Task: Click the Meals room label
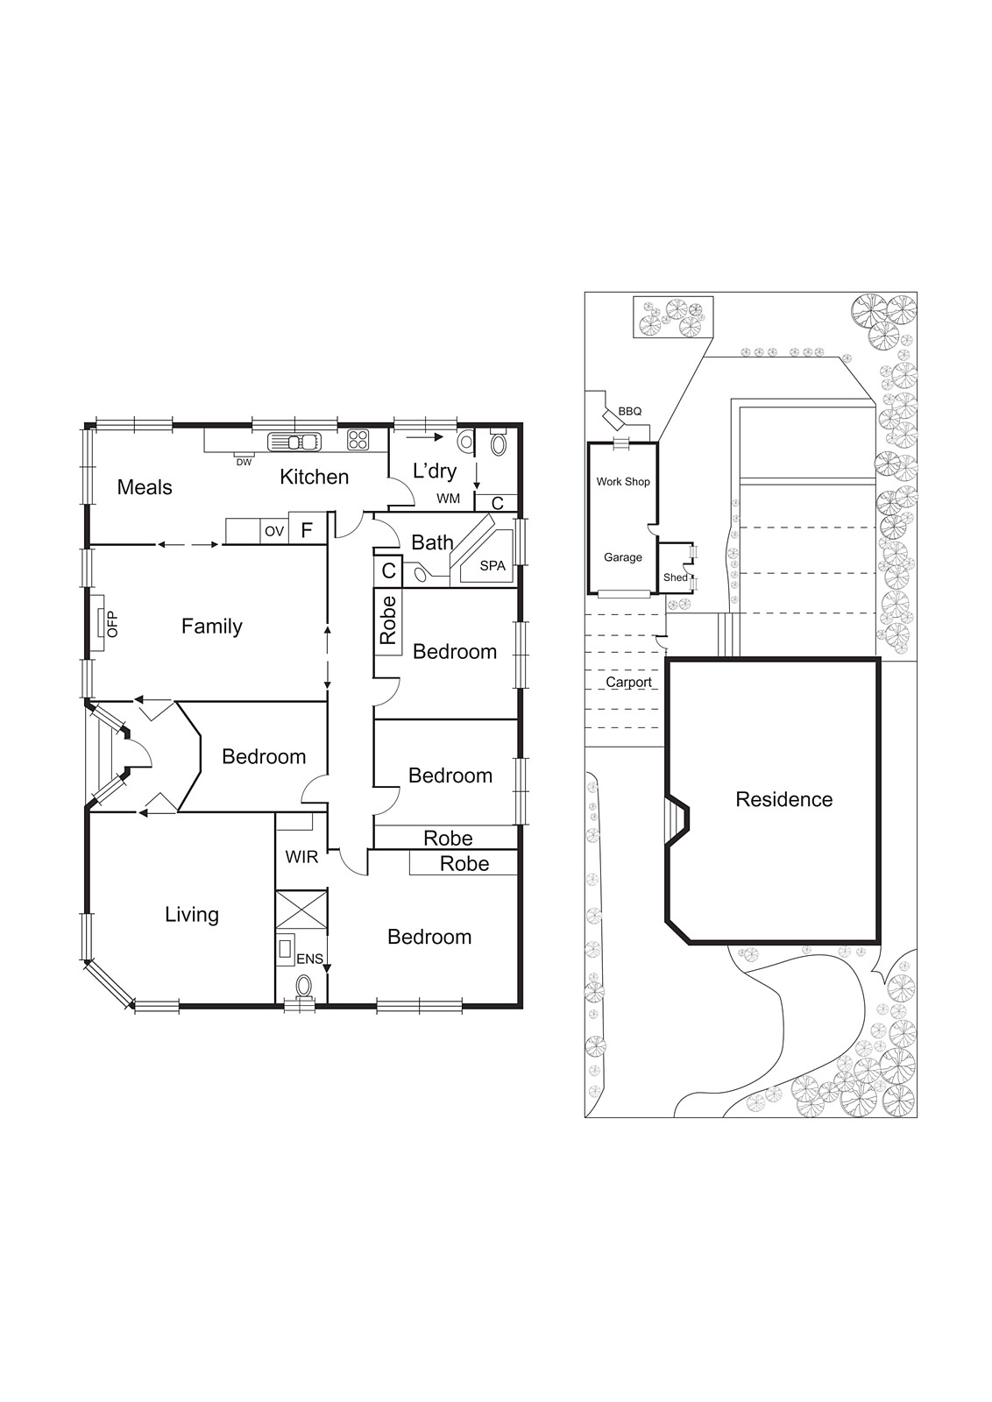point(145,487)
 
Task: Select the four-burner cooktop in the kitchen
point(358,440)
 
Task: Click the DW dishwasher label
point(244,462)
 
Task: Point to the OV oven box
point(274,531)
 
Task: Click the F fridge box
point(307,530)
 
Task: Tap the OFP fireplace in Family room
point(101,623)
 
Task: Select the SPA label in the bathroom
point(492,566)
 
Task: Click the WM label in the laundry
point(448,499)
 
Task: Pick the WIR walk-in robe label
point(301,857)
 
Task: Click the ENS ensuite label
point(308,959)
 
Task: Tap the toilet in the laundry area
point(499,443)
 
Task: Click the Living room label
point(192,915)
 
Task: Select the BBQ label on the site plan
point(629,411)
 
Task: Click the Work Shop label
point(623,481)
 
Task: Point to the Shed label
point(675,577)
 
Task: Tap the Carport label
point(628,682)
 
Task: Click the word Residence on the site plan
point(783,799)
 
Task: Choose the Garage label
point(622,557)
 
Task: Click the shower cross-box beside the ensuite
point(301,909)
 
